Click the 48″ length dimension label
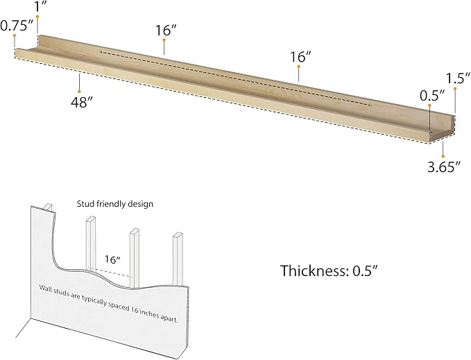point(81,103)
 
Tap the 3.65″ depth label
point(444,167)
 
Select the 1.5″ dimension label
point(457,78)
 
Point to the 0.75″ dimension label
point(17,26)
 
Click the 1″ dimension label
point(40,6)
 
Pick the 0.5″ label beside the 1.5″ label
point(432,96)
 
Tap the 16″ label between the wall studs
point(112,259)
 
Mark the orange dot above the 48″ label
point(79,92)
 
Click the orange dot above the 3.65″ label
point(443,157)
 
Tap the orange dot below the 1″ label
point(37,17)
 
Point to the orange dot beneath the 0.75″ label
point(14,35)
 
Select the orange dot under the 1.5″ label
point(455,89)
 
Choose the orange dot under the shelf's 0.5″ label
point(429,105)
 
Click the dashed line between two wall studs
point(112,273)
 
